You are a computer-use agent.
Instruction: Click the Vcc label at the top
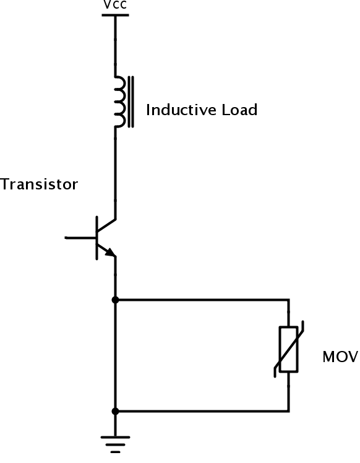[x=115, y=4]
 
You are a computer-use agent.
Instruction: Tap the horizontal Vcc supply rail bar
[x=115, y=15]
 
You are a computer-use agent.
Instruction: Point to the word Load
[x=239, y=110]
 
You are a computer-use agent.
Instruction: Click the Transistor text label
[x=39, y=184]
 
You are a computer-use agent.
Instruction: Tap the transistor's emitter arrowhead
[x=110, y=253]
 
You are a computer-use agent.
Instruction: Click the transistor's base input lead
[x=80, y=238]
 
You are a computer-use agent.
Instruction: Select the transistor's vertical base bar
[x=96, y=238]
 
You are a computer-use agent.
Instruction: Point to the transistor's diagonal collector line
[x=106, y=225]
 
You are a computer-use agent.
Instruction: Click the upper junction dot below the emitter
[x=116, y=300]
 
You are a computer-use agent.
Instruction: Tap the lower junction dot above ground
[x=116, y=411]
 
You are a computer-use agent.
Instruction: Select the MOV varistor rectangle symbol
[x=289, y=349]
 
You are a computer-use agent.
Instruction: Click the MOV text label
[x=341, y=357]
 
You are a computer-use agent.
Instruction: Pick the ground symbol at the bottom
[x=116, y=444]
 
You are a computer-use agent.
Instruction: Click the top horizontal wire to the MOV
[x=202, y=300]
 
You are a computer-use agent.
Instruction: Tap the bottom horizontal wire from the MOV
[x=202, y=411]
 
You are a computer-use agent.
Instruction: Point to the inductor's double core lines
[x=131, y=102]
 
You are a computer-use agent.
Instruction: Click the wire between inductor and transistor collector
[x=116, y=173]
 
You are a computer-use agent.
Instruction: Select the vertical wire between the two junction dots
[x=116, y=355]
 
